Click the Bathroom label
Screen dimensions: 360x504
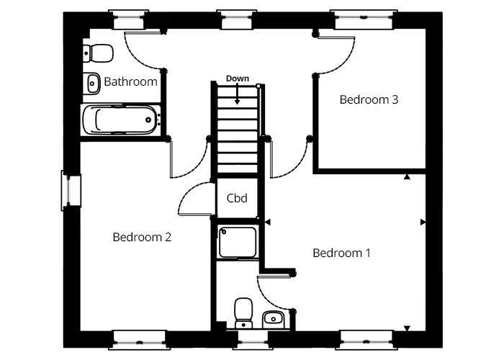pos(130,82)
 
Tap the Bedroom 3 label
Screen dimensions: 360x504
pos(369,100)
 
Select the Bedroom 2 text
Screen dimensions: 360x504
pos(142,237)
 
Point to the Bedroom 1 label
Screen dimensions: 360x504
pos(341,253)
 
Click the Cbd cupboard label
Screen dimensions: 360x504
pos(238,198)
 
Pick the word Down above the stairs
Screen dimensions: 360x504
pos(237,78)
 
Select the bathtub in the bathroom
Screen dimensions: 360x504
pos(120,120)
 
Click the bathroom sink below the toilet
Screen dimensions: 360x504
pos(92,84)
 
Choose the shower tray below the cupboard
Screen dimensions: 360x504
pos(238,243)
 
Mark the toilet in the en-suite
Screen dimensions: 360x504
pos(243,312)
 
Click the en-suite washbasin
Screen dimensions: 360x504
pos(274,318)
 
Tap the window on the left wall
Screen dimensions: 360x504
pos(71,191)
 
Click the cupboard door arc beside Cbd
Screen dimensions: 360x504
pos(193,197)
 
